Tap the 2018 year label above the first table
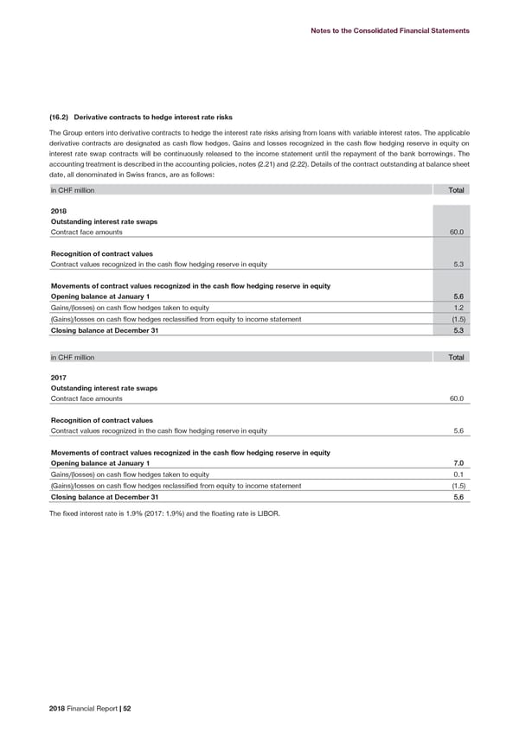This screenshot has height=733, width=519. pyautogui.click(x=48, y=209)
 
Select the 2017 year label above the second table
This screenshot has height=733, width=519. pyautogui.click(x=48, y=376)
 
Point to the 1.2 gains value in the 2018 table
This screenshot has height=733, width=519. pyautogui.click(x=460, y=308)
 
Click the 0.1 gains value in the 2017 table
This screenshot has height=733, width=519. pyautogui.click(x=460, y=475)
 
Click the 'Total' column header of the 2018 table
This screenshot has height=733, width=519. pyautogui.click(x=456, y=189)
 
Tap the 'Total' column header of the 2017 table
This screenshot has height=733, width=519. pyautogui.click(x=456, y=356)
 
